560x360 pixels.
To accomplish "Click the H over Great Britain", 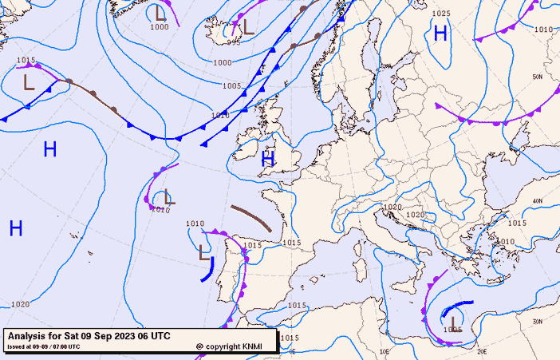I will [x=268, y=159].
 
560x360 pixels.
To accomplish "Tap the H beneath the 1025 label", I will [x=440, y=33].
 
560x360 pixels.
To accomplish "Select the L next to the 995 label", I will [x=249, y=26].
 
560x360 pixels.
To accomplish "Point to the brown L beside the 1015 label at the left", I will [x=29, y=81].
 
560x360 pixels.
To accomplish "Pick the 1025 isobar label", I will [x=441, y=14].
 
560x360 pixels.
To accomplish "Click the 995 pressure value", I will [x=233, y=43].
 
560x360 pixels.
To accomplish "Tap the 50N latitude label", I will [x=538, y=77].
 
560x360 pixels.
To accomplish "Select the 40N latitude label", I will [x=538, y=201].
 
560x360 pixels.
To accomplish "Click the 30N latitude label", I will [x=538, y=322].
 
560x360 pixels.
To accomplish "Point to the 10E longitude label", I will [x=385, y=350].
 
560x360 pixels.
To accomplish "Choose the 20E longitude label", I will [x=482, y=350].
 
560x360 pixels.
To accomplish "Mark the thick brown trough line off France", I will [x=252, y=218].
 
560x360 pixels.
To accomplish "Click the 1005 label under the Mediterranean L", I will [x=453, y=330].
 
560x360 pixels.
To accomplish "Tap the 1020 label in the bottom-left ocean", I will [x=21, y=304].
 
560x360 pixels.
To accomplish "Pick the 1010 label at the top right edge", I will [x=543, y=30].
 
